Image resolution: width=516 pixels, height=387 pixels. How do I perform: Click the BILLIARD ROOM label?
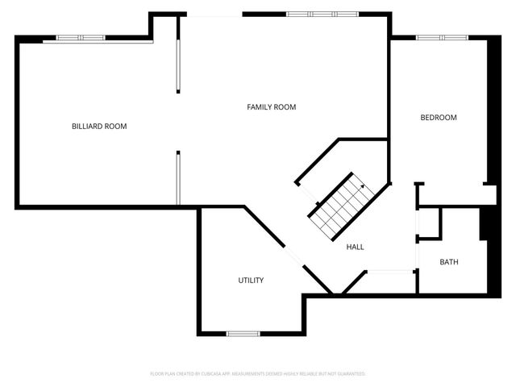pyautogui.click(x=99, y=127)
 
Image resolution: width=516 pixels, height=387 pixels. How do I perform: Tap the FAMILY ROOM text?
pyautogui.click(x=271, y=107)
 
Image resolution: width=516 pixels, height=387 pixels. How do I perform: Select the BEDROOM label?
pyautogui.click(x=439, y=118)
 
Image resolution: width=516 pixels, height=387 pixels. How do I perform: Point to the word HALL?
pyautogui.click(x=355, y=247)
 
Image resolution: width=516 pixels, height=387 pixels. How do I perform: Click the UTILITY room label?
pyautogui.click(x=251, y=281)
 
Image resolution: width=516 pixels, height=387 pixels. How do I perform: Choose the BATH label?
pyautogui.click(x=449, y=262)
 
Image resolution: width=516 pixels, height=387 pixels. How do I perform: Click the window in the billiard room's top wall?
pyautogui.click(x=80, y=37)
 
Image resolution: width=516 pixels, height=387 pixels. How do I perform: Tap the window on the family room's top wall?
pyautogui.click(x=311, y=14)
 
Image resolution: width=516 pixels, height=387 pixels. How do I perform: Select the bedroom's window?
pyautogui.click(x=442, y=37)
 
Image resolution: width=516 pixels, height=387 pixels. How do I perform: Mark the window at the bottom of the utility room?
pyautogui.click(x=243, y=333)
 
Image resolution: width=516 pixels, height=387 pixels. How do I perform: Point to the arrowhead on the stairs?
pyautogui.click(x=362, y=186)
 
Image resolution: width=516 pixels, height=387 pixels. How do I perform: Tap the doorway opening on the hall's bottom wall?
pyautogui.click(x=390, y=273)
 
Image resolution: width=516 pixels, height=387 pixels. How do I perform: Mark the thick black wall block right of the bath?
pyautogui.click(x=486, y=223)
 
